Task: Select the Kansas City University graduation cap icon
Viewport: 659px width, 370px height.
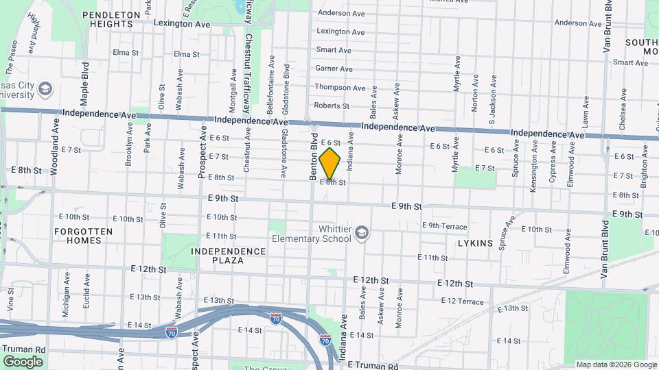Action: tap(45, 88)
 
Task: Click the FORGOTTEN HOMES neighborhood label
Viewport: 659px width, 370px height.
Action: tap(84, 236)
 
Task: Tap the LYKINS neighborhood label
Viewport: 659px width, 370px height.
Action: tap(474, 243)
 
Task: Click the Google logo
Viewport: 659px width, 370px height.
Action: tap(23, 361)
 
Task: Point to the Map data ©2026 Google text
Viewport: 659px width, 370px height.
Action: tap(616, 365)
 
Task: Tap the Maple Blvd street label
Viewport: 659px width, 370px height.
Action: tap(85, 84)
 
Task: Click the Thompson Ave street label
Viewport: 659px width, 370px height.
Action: tap(340, 88)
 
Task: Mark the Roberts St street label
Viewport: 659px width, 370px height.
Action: tap(332, 106)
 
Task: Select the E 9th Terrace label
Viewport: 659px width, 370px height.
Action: tap(444, 225)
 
